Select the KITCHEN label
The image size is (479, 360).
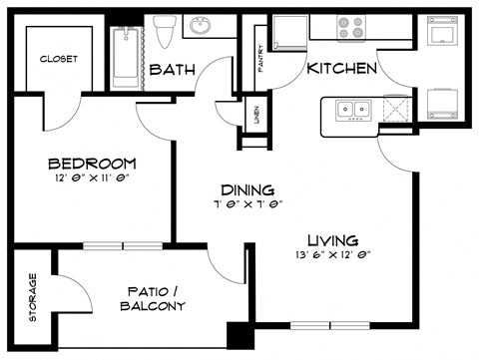click(x=341, y=69)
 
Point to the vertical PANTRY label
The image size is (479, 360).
click(x=260, y=50)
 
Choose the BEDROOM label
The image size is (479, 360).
click(x=92, y=164)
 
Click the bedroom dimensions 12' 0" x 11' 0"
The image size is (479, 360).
click(x=92, y=179)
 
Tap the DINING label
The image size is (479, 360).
click(x=247, y=189)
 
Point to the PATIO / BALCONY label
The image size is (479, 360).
click(x=155, y=298)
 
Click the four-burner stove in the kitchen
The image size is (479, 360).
click(x=353, y=27)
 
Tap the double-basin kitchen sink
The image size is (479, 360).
click(x=354, y=110)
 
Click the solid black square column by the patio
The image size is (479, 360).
click(x=239, y=336)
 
